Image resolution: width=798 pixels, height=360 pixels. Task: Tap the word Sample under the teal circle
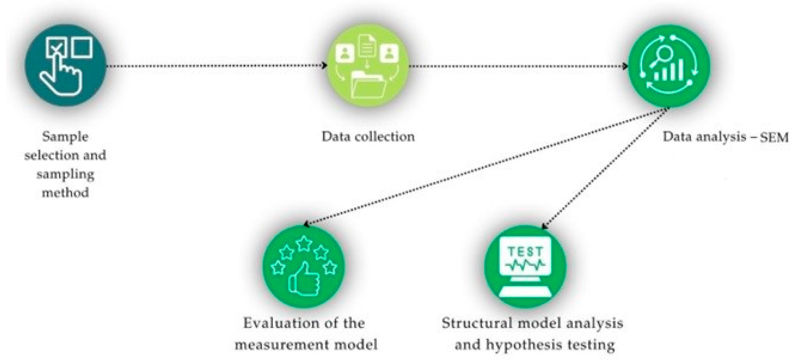coord(65,137)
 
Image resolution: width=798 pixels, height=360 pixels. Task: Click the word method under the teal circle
coord(65,193)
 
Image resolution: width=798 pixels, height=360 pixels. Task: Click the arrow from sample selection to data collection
coord(217,66)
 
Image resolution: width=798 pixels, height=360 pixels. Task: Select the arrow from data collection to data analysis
coord(517,66)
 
